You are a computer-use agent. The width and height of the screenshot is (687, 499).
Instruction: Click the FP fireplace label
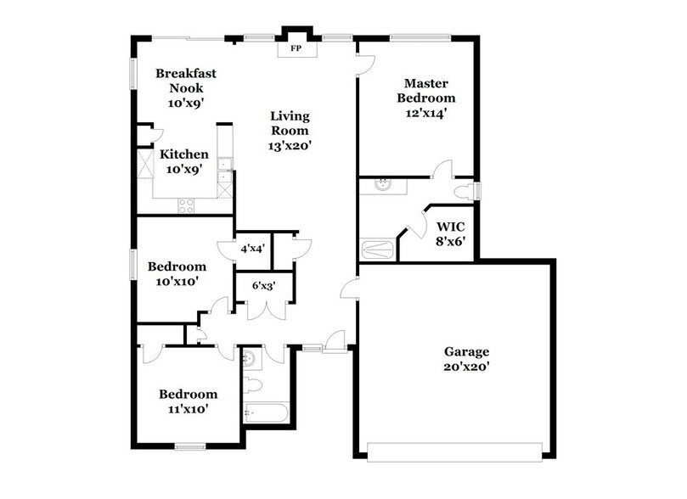click(296, 49)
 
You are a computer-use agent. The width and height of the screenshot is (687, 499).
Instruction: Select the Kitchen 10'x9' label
click(184, 161)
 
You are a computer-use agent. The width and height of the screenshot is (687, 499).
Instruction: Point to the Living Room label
click(290, 131)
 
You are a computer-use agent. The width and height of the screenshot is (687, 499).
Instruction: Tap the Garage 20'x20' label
click(466, 359)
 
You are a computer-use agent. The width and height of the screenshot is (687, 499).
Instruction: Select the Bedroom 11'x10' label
click(189, 401)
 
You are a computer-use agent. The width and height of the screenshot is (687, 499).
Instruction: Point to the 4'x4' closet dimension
click(253, 249)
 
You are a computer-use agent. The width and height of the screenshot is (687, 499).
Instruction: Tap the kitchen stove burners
click(185, 205)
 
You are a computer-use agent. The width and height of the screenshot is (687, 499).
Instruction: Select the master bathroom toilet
click(465, 189)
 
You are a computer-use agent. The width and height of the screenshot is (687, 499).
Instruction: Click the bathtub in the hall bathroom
click(266, 413)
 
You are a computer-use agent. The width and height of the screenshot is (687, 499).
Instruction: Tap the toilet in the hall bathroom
click(255, 385)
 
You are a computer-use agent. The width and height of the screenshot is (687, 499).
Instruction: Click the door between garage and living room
click(349, 289)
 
